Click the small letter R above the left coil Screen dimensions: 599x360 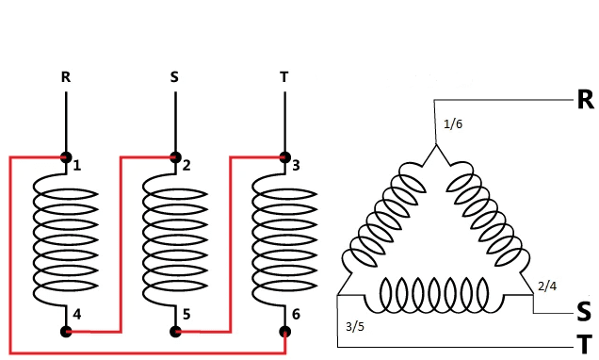tap(66, 77)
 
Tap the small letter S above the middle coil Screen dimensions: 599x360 tap(174, 77)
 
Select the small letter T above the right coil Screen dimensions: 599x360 tap(283, 77)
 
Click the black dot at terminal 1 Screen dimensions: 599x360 tap(66, 157)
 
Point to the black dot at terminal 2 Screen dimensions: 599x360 tap(175, 157)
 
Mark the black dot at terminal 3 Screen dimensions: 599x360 tap(285, 157)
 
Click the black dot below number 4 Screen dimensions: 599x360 tap(66, 332)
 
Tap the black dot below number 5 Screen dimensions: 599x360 tap(175, 332)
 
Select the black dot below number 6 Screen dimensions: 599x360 tap(285, 332)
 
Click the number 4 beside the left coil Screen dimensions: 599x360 tap(77, 315)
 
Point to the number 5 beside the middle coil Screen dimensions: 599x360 tap(186, 315)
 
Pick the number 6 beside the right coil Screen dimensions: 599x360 tap(296, 314)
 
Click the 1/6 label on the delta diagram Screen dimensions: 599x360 tap(453, 124)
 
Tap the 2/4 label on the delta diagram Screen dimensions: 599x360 tap(547, 286)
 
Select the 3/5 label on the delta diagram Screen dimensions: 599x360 tap(355, 327)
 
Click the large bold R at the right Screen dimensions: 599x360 tap(585, 99)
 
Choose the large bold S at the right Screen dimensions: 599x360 tap(584, 311)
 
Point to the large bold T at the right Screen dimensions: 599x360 tap(585, 345)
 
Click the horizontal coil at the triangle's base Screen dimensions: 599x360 tap(435, 295)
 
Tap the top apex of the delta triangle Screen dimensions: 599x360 tap(436, 144)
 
